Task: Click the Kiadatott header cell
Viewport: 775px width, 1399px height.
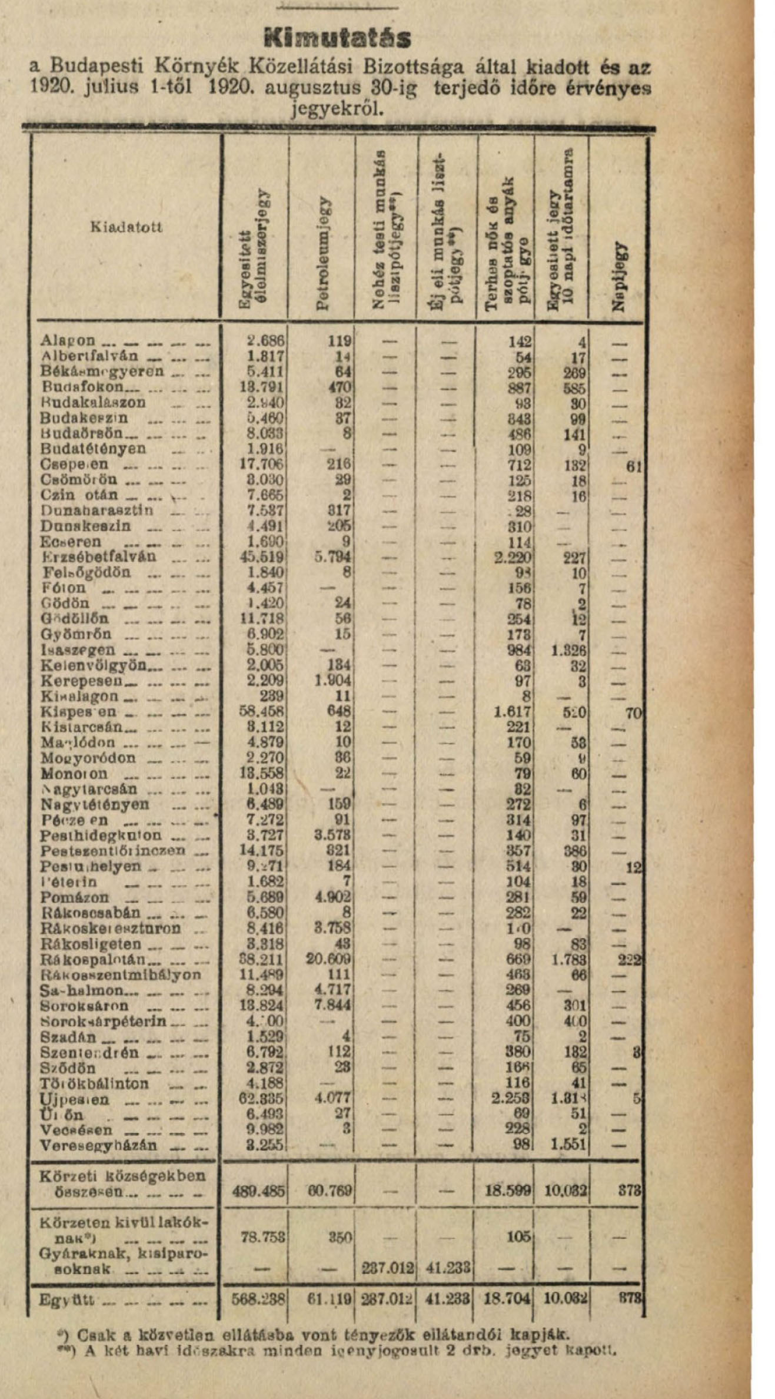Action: pos(127,227)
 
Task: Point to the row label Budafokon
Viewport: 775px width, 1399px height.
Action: pos(82,387)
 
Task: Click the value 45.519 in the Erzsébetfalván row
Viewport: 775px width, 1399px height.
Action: pos(262,557)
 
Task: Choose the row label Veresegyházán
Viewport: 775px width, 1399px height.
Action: pos(98,1145)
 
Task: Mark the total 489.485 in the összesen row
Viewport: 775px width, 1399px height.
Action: pos(260,1191)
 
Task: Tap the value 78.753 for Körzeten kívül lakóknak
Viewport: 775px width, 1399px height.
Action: pos(263,1237)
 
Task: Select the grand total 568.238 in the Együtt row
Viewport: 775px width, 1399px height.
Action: pos(258,1299)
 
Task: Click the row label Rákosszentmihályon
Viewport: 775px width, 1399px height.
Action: pos(121,974)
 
